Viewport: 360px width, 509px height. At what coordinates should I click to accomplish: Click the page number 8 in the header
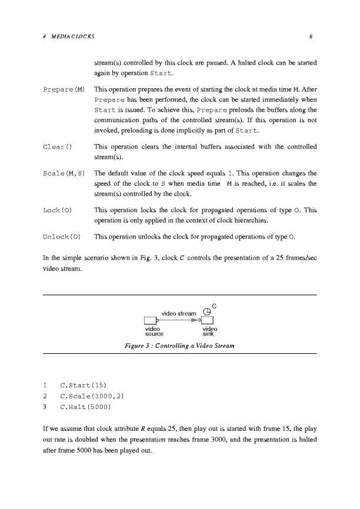point(309,36)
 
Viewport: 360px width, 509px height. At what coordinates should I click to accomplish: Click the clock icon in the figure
point(206,312)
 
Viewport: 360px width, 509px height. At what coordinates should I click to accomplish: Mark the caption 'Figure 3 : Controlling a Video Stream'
point(180,346)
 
